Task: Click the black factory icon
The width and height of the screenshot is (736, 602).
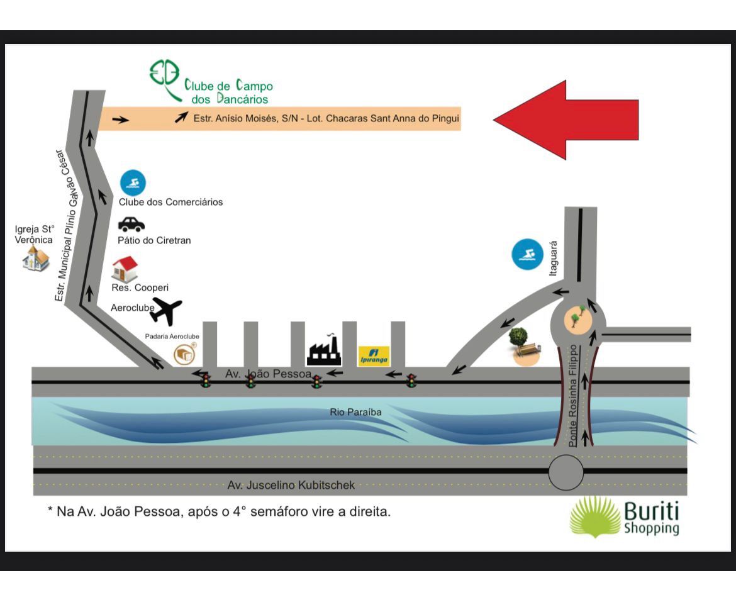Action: point(323,351)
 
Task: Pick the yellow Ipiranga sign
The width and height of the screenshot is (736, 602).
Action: point(374,355)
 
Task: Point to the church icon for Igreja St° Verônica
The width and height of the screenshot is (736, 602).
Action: point(36,258)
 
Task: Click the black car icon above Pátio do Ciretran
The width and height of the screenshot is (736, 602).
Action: point(131,224)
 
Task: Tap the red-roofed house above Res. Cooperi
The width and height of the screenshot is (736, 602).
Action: point(125,269)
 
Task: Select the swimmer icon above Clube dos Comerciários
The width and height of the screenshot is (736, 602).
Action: point(133,183)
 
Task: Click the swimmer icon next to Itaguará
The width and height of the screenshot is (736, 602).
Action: point(527,255)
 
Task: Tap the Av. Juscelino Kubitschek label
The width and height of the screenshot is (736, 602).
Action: point(291,485)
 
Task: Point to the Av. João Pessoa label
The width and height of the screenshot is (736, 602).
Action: point(268,374)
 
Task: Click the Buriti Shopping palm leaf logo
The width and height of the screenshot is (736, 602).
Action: point(594,516)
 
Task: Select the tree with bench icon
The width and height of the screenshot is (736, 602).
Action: point(523,347)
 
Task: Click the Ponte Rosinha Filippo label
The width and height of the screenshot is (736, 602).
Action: point(572,396)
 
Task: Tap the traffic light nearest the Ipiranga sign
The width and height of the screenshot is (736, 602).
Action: point(411,380)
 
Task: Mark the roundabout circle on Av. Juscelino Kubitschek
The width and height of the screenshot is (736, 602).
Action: point(566,473)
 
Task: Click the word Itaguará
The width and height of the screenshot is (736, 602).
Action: point(554,258)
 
